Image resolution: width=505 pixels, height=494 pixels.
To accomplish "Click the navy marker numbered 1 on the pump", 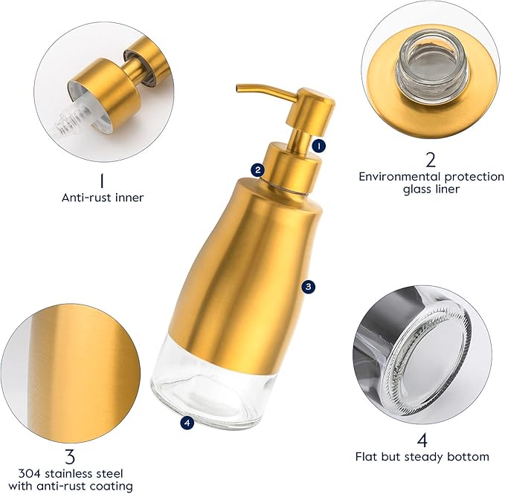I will point(318,146).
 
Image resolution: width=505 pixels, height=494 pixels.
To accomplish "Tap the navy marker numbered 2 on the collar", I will point(257,169).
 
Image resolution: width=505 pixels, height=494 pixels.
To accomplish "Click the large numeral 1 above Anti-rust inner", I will point(102,180).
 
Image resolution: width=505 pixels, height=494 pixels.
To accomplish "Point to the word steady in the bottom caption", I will point(437,456).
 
